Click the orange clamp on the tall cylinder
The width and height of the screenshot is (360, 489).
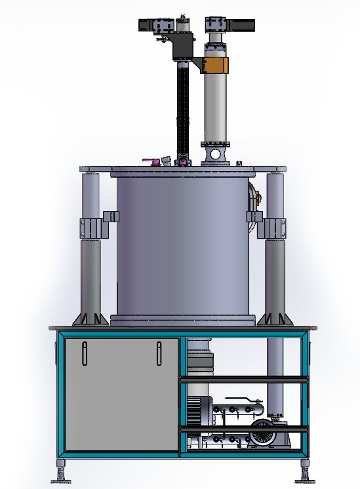click(x=216, y=66)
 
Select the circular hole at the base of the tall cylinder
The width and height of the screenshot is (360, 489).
click(x=215, y=154)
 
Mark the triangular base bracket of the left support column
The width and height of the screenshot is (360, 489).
click(x=90, y=318)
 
